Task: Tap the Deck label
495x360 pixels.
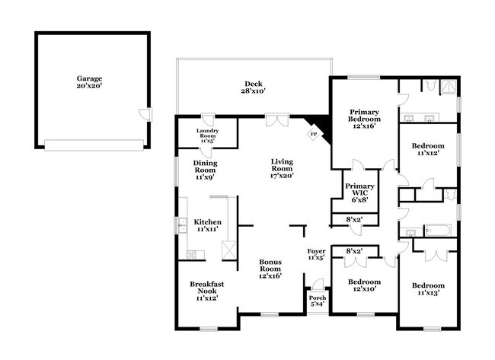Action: pos(254,88)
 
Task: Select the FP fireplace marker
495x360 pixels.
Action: pos(312,135)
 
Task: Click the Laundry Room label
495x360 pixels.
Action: pos(207,135)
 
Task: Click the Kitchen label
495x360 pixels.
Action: pos(208,225)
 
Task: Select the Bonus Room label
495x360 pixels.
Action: pos(270,268)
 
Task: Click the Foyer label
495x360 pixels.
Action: pos(316,254)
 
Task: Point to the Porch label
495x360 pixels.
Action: pos(318,301)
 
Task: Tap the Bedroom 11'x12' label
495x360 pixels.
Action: pos(428,149)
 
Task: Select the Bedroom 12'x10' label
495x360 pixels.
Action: pos(364,285)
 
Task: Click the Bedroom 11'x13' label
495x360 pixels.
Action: pos(428,290)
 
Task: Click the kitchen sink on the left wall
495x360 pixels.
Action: pos(184,225)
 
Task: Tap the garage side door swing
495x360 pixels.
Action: pos(144,113)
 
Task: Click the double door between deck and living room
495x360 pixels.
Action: pos(276,120)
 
